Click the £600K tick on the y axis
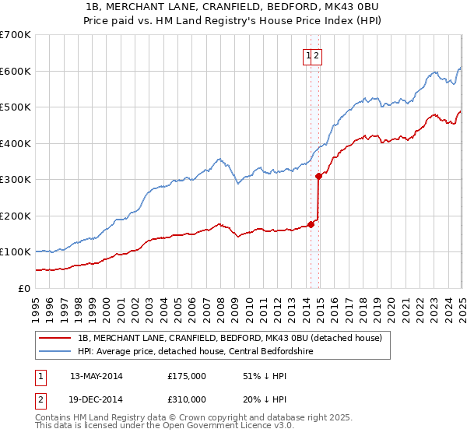tap(16, 71)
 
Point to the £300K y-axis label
tap(16, 180)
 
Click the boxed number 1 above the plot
tap(309, 55)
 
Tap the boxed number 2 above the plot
tap(318, 55)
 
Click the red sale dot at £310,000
tap(318, 176)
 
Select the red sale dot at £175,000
tap(311, 224)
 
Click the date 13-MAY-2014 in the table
tap(96, 375)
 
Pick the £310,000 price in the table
tap(187, 399)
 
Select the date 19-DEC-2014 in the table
tap(96, 399)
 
